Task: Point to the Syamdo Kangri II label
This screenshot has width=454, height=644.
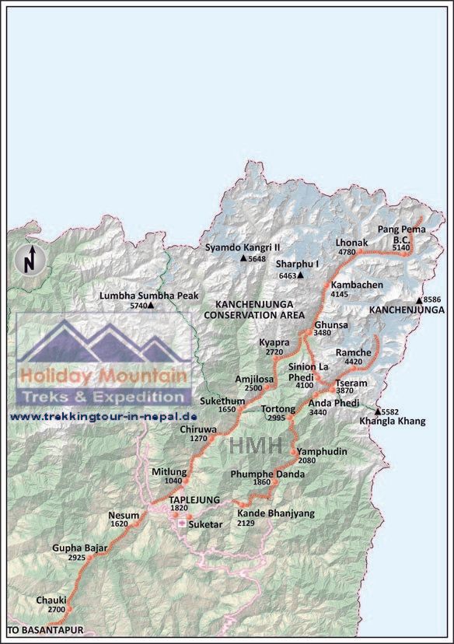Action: click(242, 247)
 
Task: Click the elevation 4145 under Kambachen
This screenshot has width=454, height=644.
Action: click(340, 295)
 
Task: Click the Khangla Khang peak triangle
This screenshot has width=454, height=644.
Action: click(378, 411)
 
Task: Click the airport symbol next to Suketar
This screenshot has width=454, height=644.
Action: click(182, 524)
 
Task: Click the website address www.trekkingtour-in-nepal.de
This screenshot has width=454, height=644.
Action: click(103, 417)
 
